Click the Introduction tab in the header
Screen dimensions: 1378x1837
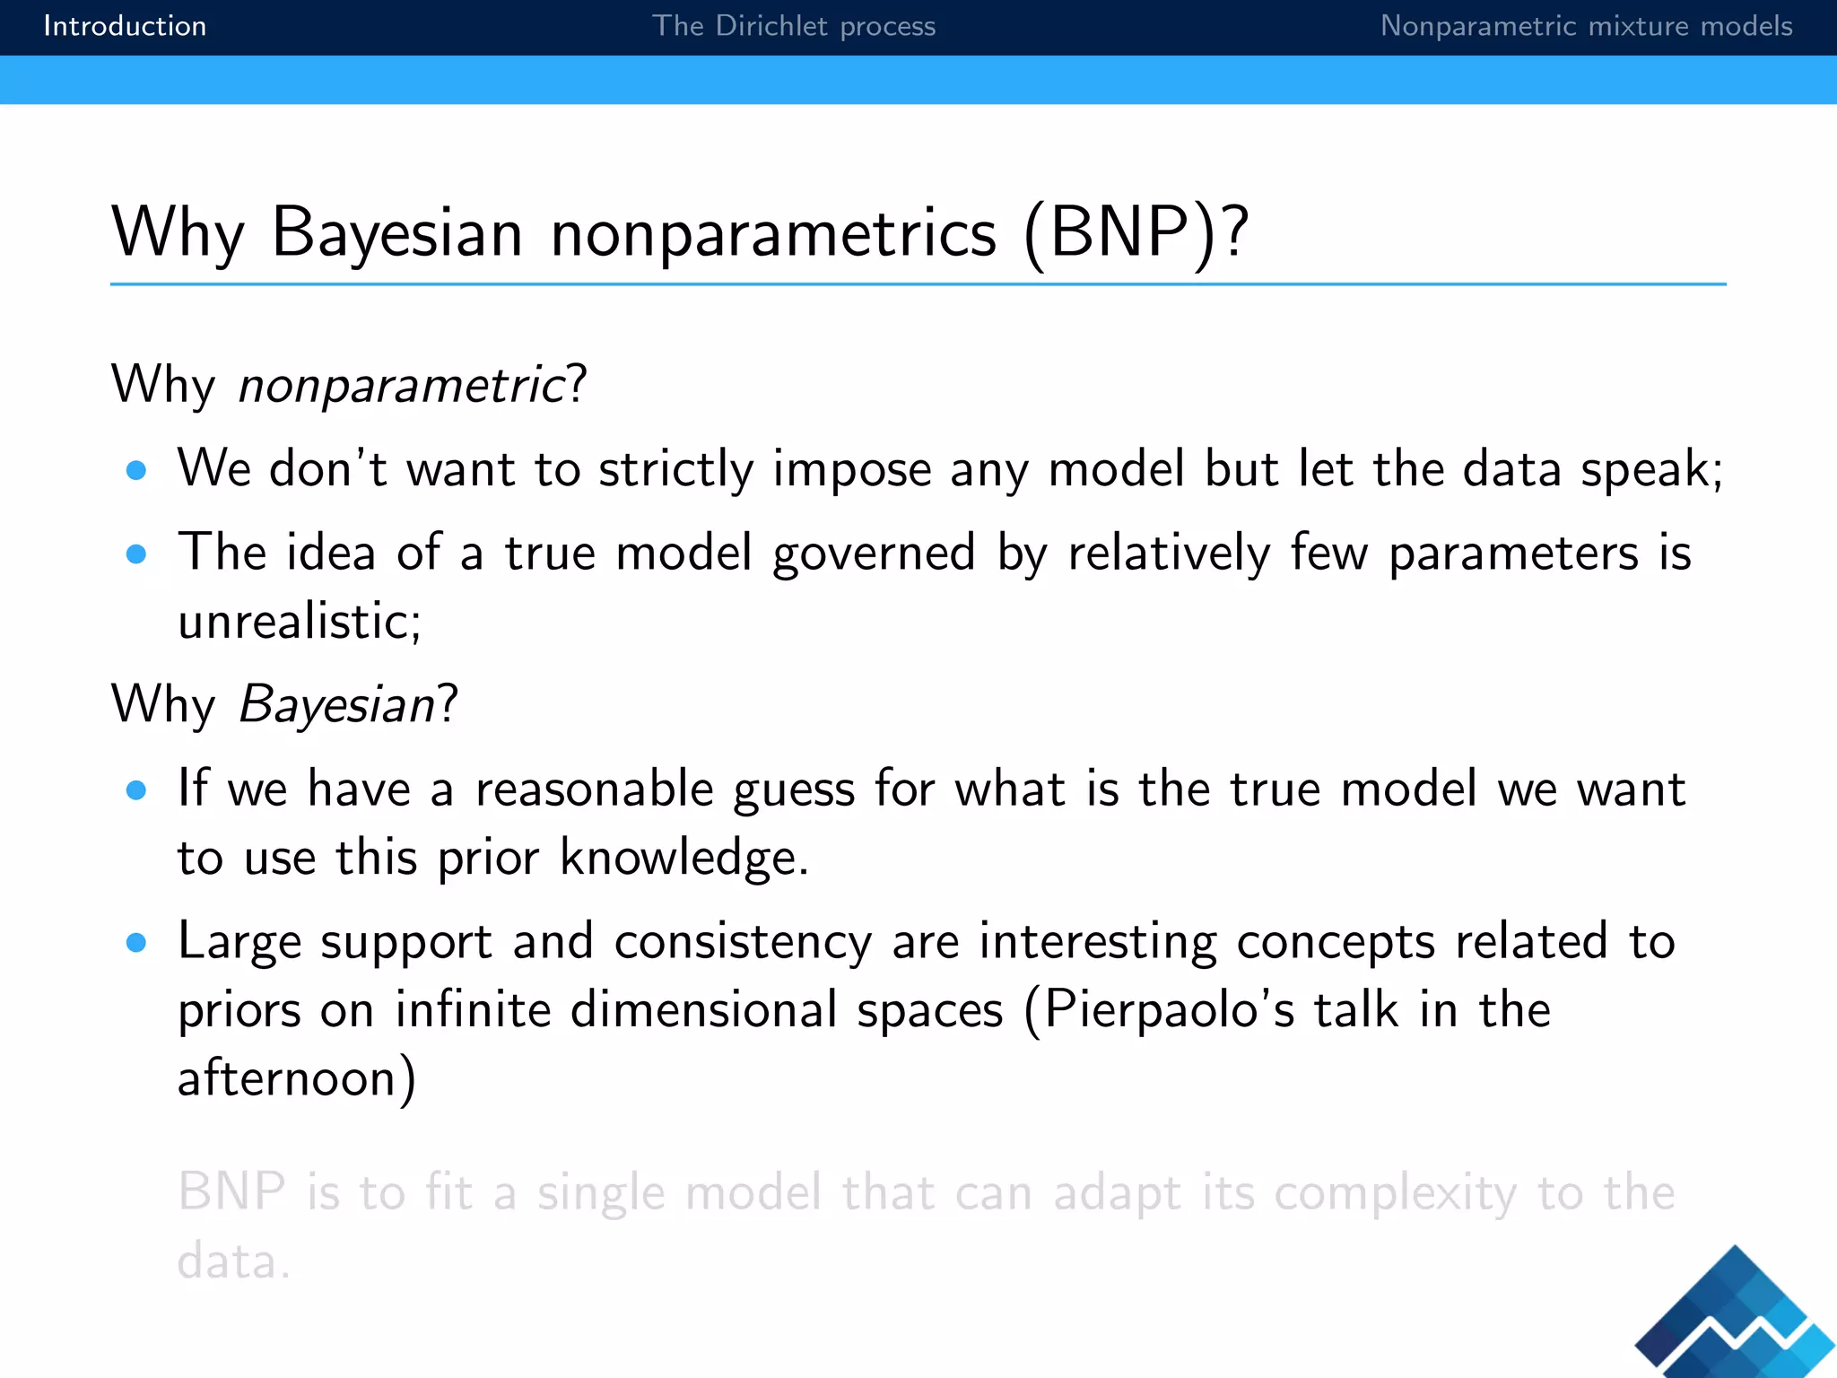pos(125,26)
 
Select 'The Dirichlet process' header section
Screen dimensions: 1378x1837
pos(793,26)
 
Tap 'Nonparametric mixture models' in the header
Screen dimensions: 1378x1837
pos(1586,26)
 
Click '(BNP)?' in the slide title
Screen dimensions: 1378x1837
pos(1136,233)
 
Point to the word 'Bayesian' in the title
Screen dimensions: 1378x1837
pos(396,233)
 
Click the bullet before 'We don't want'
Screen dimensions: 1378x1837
pos(136,470)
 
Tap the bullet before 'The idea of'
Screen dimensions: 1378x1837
pos(136,554)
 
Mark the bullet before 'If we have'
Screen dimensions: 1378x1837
pos(136,790)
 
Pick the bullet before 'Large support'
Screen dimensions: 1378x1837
pos(136,943)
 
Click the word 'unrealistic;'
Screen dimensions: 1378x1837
pos(300,622)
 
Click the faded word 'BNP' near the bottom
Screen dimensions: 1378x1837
pos(231,1193)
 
